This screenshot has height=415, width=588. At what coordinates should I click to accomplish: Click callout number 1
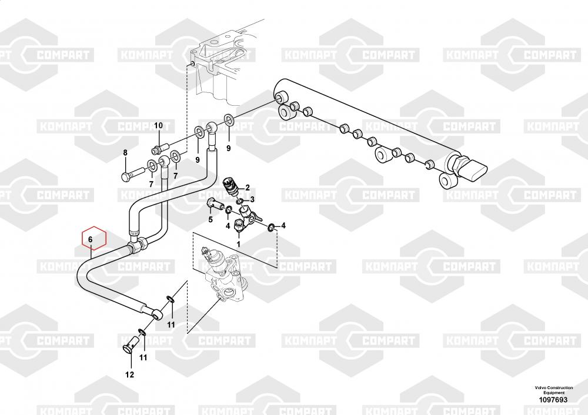238,244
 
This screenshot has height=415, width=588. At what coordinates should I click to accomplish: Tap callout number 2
248,188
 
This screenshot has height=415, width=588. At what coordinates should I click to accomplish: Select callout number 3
252,200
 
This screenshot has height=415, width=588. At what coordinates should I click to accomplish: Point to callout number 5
209,220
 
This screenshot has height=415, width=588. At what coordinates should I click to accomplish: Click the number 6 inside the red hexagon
91,240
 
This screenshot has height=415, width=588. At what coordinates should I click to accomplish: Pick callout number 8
125,153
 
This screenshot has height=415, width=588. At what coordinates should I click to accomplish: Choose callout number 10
158,126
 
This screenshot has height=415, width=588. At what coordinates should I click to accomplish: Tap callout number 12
129,374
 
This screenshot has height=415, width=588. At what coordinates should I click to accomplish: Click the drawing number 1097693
553,400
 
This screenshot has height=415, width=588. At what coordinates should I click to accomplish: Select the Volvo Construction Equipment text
553,390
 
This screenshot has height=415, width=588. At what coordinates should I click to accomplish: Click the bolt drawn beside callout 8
132,174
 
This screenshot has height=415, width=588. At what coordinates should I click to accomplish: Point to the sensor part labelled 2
230,187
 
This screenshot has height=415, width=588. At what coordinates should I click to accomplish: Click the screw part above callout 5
215,205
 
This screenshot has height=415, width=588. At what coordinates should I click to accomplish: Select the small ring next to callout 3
240,202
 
